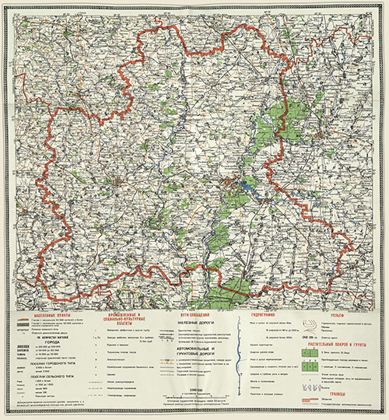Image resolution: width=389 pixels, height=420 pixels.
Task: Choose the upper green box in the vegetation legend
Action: coord(316,352)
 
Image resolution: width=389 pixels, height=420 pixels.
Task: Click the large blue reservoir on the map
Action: coord(247,187)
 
